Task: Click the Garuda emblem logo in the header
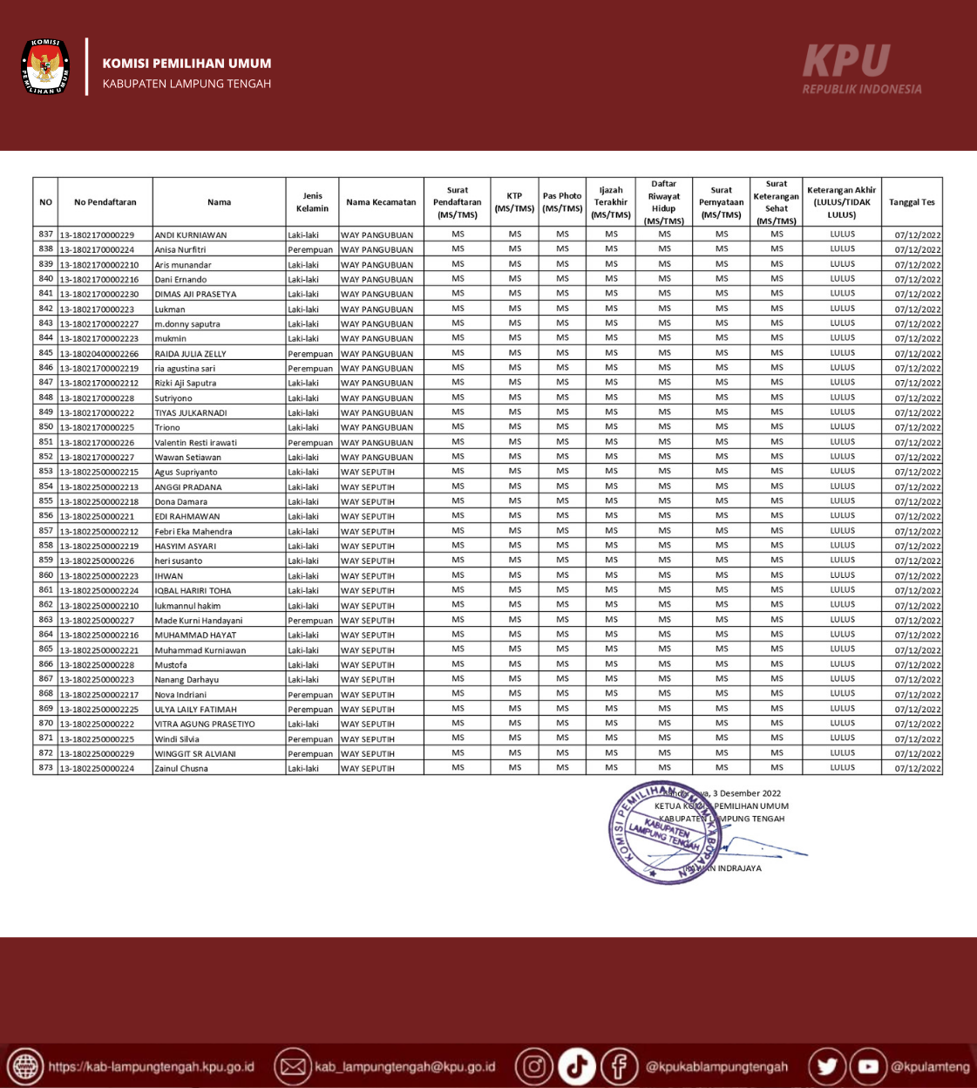pyautogui.click(x=45, y=66)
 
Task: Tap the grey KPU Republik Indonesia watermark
pyautogui.click(x=861, y=69)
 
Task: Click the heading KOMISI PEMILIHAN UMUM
pyautogui.click(x=187, y=63)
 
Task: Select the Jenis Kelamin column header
pyautogui.click(x=312, y=202)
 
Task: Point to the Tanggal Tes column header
pyautogui.click(x=912, y=202)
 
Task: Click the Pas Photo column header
pyautogui.click(x=562, y=202)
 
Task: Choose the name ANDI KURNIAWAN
pyautogui.click(x=191, y=235)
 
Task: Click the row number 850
pyautogui.click(x=46, y=427)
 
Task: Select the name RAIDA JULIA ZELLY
pyautogui.click(x=190, y=354)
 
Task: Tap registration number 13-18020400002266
pyautogui.click(x=99, y=354)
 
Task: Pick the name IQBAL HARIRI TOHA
pyautogui.click(x=193, y=591)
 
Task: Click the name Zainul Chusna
pyautogui.click(x=181, y=769)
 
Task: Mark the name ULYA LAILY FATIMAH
pyautogui.click(x=195, y=710)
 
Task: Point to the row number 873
pyautogui.click(x=46, y=768)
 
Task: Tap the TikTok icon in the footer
pyautogui.click(x=576, y=1066)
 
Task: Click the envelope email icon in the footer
pyautogui.click(x=293, y=1066)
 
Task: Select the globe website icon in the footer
pyautogui.click(x=25, y=1066)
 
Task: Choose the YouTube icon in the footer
pyautogui.click(x=869, y=1066)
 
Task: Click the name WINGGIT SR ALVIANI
pyautogui.click(x=195, y=754)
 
